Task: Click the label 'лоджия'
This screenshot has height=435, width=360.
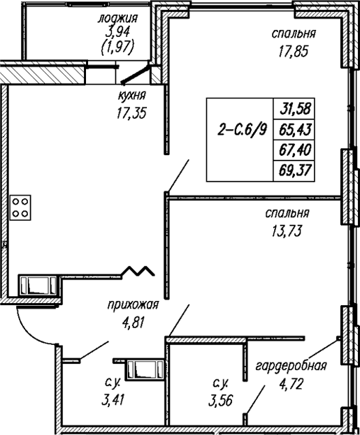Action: (x=117, y=19)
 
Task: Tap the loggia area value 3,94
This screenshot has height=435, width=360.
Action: (x=117, y=33)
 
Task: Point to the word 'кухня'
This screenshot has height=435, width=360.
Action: (x=131, y=96)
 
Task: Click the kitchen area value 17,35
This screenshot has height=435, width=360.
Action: (x=131, y=113)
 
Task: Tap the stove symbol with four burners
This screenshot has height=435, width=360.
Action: (x=20, y=207)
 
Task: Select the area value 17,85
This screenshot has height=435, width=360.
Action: (x=294, y=51)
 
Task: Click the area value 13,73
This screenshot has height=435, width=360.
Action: (x=287, y=230)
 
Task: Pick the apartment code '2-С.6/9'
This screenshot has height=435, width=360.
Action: (x=243, y=130)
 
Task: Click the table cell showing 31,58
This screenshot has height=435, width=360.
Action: (x=294, y=109)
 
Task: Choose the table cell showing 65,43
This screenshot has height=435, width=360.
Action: (x=294, y=130)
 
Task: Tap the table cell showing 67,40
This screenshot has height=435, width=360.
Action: (x=294, y=150)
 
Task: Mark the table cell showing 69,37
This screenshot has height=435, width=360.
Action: (x=294, y=170)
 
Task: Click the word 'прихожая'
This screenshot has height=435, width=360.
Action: (x=133, y=305)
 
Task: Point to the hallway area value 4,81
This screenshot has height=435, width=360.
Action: (x=134, y=323)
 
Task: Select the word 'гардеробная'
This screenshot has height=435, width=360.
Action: (x=291, y=367)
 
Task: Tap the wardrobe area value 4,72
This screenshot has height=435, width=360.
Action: (x=291, y=384)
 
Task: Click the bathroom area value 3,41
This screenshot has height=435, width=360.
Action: (x=113, y=400)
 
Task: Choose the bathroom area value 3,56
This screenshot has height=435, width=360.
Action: (x=221, y=400)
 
